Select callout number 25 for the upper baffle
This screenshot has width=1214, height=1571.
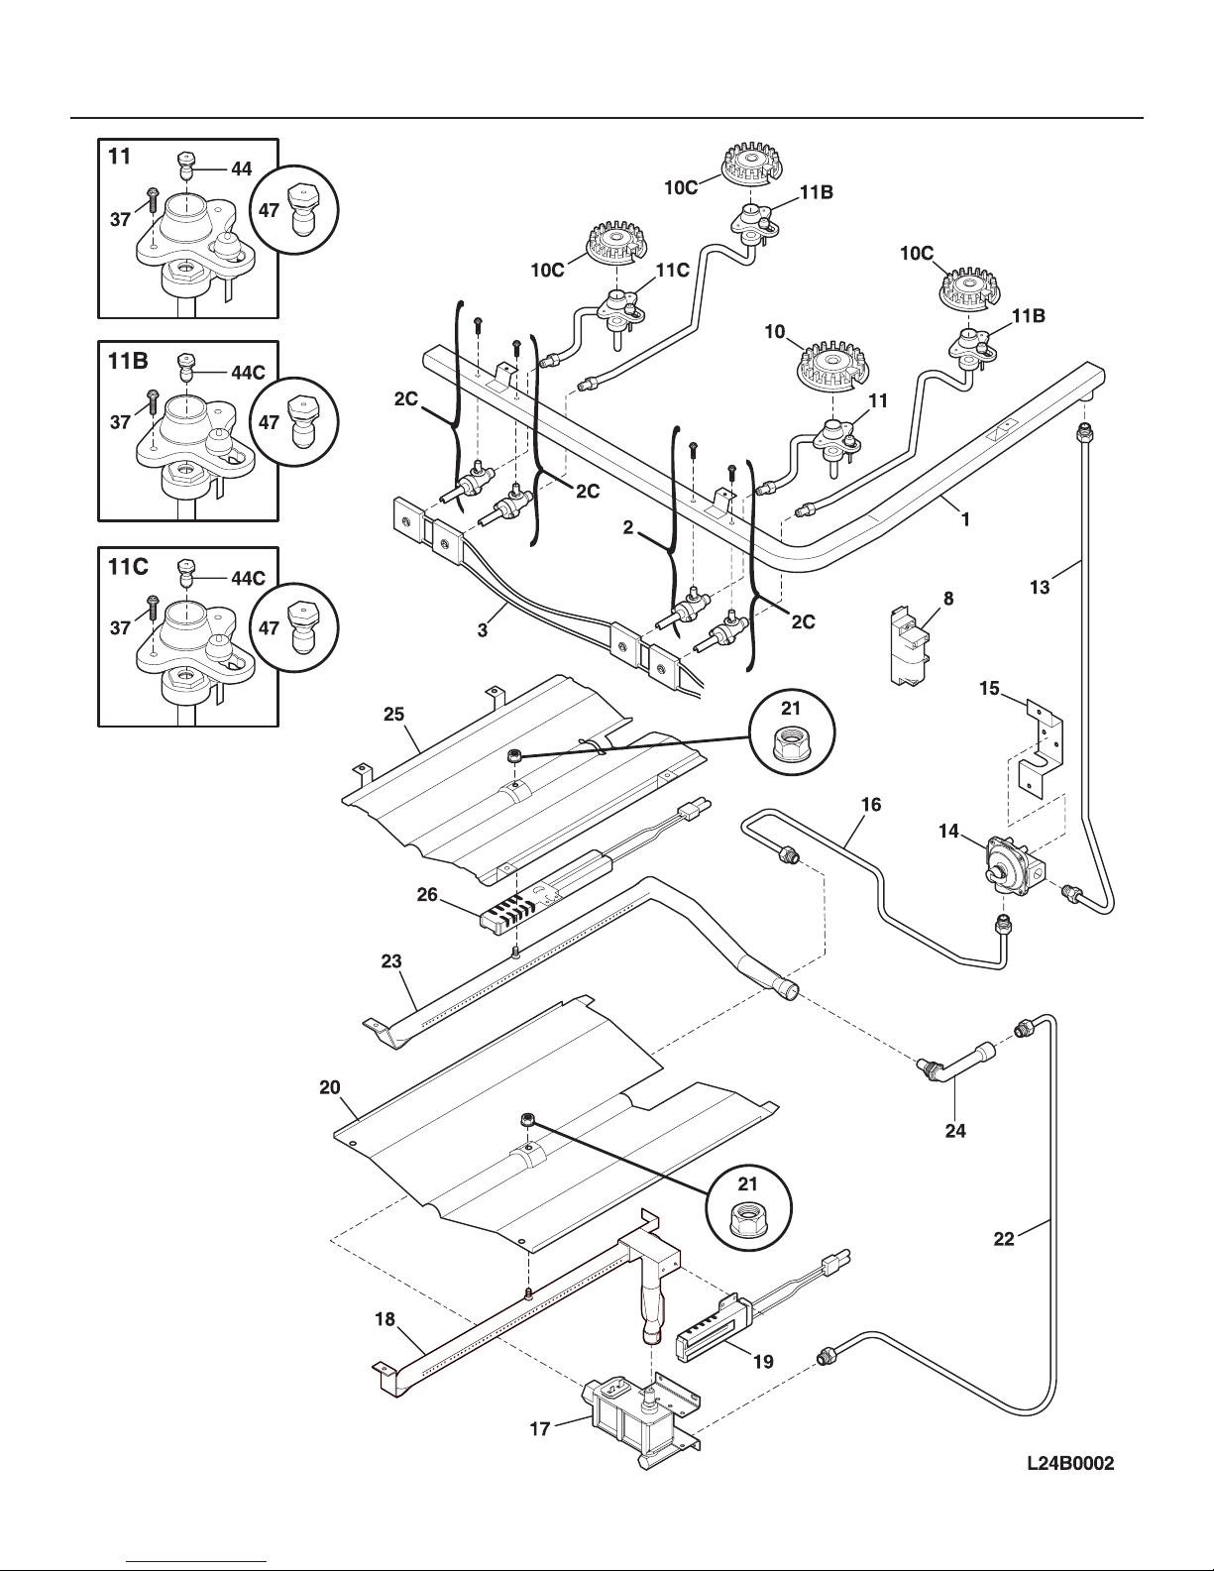pyautogui.click(x=393, y=715)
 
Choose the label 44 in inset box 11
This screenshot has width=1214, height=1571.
pyautogui.click(x=241, y=169)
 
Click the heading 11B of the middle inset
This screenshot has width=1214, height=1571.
pyautogui.click(x=128, y=363)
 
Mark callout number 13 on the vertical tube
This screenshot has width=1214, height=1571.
pyautogui.click(x=1040, y=588)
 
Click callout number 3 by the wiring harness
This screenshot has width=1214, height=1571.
pyautogui.click(x=482, y=630)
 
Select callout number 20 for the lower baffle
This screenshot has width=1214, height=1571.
pyautogui.click(x=329, y=1087)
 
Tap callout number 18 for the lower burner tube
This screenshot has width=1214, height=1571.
pyautogui.click(x=386, y=1319)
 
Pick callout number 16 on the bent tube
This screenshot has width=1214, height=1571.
pyautogui.click(x=870, y=805)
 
